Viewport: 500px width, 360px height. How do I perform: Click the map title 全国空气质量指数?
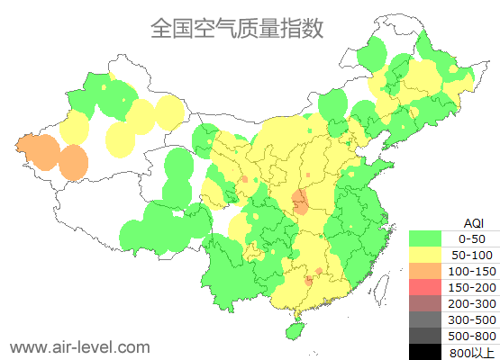[237, 28]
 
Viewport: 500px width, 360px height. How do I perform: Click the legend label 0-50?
[471, 238]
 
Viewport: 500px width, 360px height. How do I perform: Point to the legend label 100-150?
[471, 271]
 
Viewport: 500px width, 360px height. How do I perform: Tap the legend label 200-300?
[471, 303]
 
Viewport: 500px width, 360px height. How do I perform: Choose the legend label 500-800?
[471, 336]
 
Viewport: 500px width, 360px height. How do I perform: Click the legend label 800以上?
[471, 352]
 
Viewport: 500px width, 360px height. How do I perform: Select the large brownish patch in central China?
[300, 202]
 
